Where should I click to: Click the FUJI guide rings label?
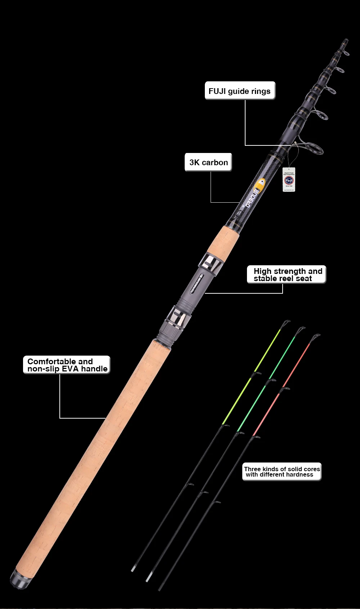click(240, 91)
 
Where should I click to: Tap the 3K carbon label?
click(208, 162)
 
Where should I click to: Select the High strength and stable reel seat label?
click(287, 275)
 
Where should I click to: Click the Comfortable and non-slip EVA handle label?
click(67, 365)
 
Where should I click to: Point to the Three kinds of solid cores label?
click(282, 472)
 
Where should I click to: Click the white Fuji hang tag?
click(289, 180)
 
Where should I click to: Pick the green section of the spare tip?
click(266, 385)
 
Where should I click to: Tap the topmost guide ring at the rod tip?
click(346, 53)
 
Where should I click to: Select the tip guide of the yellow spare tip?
click(286, 322)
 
